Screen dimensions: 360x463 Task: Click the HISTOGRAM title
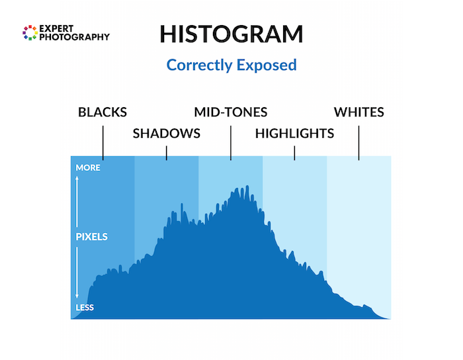point(231,34)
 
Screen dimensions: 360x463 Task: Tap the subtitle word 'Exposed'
point(269,65)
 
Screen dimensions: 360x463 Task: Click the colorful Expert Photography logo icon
point(30,33)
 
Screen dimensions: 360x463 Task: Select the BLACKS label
point(103,112)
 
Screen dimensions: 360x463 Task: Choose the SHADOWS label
point(167,133)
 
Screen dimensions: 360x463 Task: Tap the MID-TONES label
point(231,112)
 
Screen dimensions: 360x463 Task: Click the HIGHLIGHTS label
point(294,133)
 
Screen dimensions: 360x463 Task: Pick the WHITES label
point(358,112)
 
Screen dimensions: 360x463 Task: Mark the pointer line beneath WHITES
point(358,140)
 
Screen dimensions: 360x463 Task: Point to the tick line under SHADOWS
point(167,152)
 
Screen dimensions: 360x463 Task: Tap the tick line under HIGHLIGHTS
point(294,152)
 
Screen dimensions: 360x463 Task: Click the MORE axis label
point(88,168)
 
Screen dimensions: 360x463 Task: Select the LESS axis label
point(85,308)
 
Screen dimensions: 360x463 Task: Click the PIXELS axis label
point(91,236)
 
